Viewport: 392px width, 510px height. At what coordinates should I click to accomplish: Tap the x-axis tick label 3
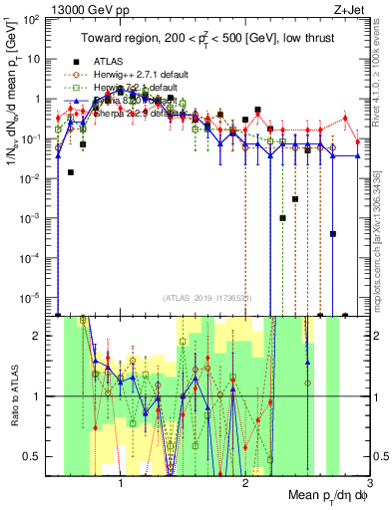369,480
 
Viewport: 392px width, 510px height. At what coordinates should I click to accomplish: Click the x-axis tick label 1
122,480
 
